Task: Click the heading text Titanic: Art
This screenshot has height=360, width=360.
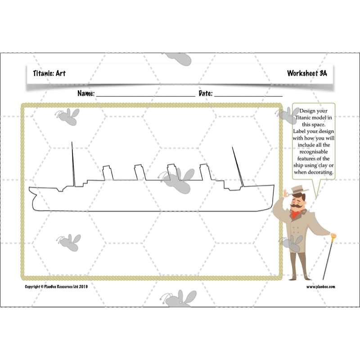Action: click(x=49, y=73)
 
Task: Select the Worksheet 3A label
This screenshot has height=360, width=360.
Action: click(x=307, y=73)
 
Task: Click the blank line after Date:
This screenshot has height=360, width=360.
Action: click(x=248, y=95)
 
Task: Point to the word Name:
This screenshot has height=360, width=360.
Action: click(x=86, y=94)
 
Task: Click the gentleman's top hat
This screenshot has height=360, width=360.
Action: click(x=297, y=189)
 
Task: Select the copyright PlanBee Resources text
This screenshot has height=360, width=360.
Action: click(x=56, y=286)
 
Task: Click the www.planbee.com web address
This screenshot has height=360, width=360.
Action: click(x=321, y=286)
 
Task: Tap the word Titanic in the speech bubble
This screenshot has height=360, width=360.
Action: click(x=306, y=117)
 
